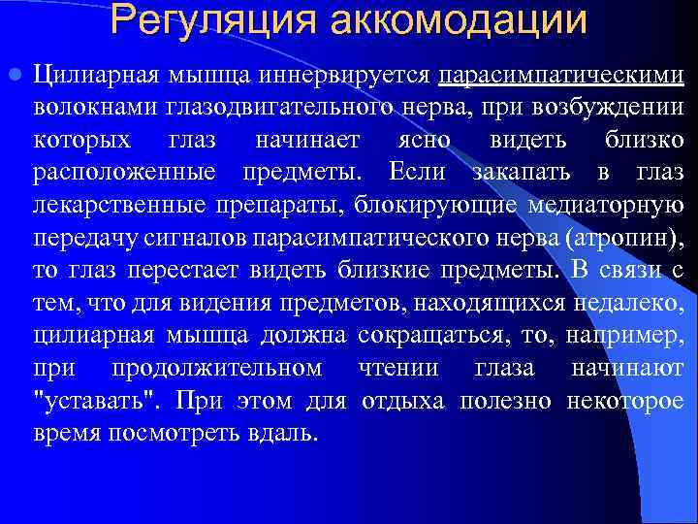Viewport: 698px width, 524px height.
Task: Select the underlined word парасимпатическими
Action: click(x=560, y=76)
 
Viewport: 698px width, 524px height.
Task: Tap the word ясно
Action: click(x=424, y=141)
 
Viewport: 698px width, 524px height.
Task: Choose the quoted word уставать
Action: click(x=85, y=401)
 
